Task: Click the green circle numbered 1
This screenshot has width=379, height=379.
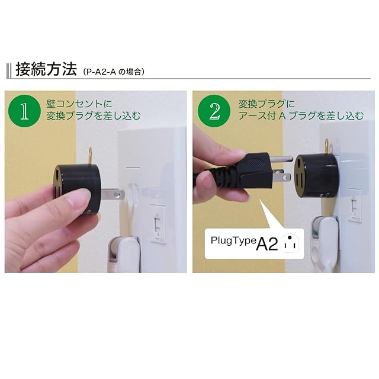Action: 24,111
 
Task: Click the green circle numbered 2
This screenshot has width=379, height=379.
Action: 214,111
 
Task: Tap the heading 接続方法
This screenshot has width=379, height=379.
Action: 46,69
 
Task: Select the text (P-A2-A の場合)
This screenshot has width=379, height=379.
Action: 113,72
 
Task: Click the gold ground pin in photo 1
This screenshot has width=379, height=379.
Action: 90,156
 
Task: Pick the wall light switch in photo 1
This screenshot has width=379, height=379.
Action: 158,224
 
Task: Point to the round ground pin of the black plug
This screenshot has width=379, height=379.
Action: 281,159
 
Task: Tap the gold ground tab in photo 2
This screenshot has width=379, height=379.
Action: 326,146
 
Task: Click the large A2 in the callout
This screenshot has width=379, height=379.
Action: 267,244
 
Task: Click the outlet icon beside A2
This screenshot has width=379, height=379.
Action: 290,243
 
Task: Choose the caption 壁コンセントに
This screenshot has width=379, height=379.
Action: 79,104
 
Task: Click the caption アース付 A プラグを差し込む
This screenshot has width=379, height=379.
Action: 301,115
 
